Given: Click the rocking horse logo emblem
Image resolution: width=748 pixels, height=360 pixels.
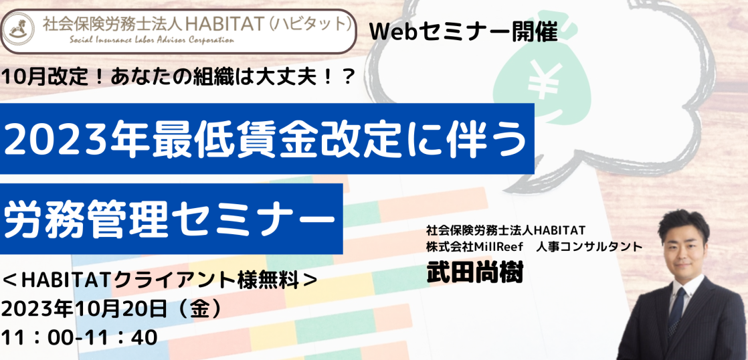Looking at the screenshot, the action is (19, 29).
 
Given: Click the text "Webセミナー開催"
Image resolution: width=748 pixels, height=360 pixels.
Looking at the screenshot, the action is (463, 31).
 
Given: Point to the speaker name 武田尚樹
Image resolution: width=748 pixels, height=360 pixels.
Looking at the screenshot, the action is (474, 272).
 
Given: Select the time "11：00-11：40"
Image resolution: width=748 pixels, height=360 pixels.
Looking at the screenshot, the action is (80, 338).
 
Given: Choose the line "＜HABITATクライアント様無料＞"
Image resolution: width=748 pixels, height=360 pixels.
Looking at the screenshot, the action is (160, 281).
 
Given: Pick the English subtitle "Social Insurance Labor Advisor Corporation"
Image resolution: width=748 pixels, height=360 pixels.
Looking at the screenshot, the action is (152, 40).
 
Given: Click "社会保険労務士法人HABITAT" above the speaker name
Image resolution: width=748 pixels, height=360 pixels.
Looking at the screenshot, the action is (506, 230).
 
